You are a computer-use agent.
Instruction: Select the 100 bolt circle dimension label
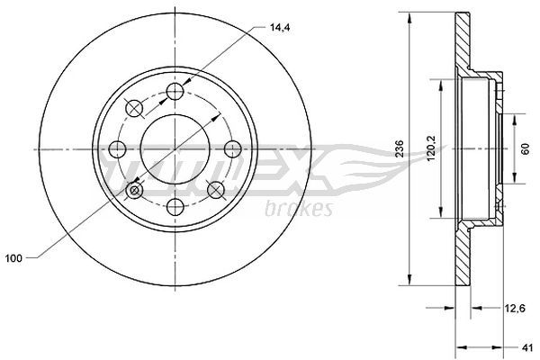13,258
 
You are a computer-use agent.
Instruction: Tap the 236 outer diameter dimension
396,149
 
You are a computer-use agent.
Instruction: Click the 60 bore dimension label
524,149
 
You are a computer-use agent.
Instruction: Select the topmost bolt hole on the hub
175,91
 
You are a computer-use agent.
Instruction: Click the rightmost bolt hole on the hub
232,148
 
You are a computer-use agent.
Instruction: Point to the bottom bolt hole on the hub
175,206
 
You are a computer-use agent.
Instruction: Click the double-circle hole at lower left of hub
134,190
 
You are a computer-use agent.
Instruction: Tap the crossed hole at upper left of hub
134,108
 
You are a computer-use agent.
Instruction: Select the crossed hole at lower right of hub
215,189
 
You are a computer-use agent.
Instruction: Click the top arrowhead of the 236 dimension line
410,16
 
